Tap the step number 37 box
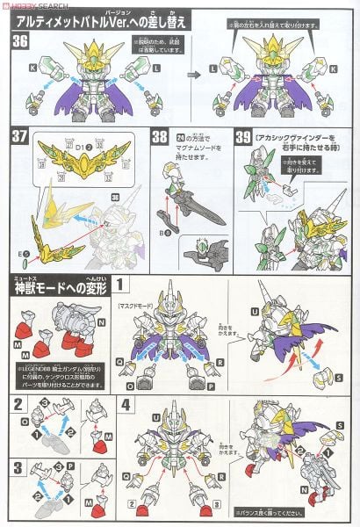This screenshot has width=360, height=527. (x=19, y=138)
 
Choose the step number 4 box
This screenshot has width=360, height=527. (x=128, y=405)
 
